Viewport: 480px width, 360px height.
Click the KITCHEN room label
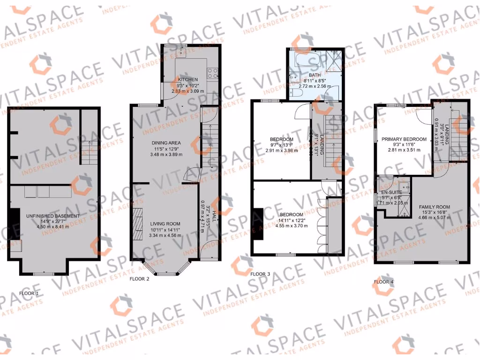pyautogui.click(x=187, y=80)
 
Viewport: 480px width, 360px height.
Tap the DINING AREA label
pyautogui.click(x=166, y=143)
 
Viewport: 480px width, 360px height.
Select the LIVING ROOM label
pyautogui.click(x=165, y=224)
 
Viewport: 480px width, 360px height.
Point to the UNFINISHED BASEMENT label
pyautogui.click(x=53, y=216)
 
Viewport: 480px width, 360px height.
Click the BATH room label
pyautogui.click(x=314, y=75)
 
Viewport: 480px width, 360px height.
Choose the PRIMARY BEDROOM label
pyautogui.click(x=404, y=139)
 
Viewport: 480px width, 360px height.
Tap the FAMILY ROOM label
pyautogui.click(x=435, y=207)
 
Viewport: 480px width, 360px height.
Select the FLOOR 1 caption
pyautogui.click(x=30, y=293)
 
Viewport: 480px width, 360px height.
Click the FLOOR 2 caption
pyautogui.click(x=139, y=278)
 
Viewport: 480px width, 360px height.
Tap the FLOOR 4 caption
pyautogui.click(x=384, y=282)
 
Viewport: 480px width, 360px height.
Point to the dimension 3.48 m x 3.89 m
pyautogui.click(x=166, y=154)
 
